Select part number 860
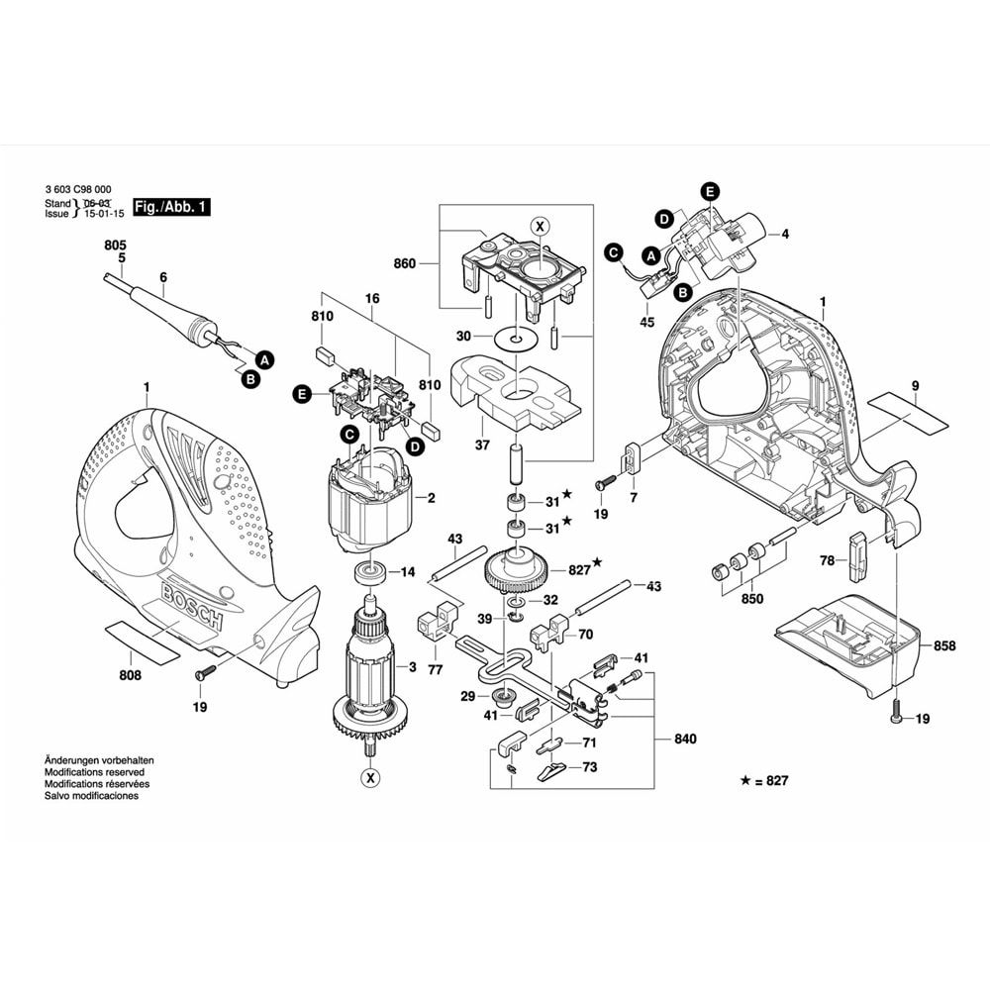point(404,264)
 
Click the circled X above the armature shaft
point(540,226)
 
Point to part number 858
point(944,645)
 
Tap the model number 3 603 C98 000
point(78,189)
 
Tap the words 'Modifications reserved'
point(95,772)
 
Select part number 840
point(685,740)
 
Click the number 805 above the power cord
point(116,244)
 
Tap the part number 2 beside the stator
point(431,498)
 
